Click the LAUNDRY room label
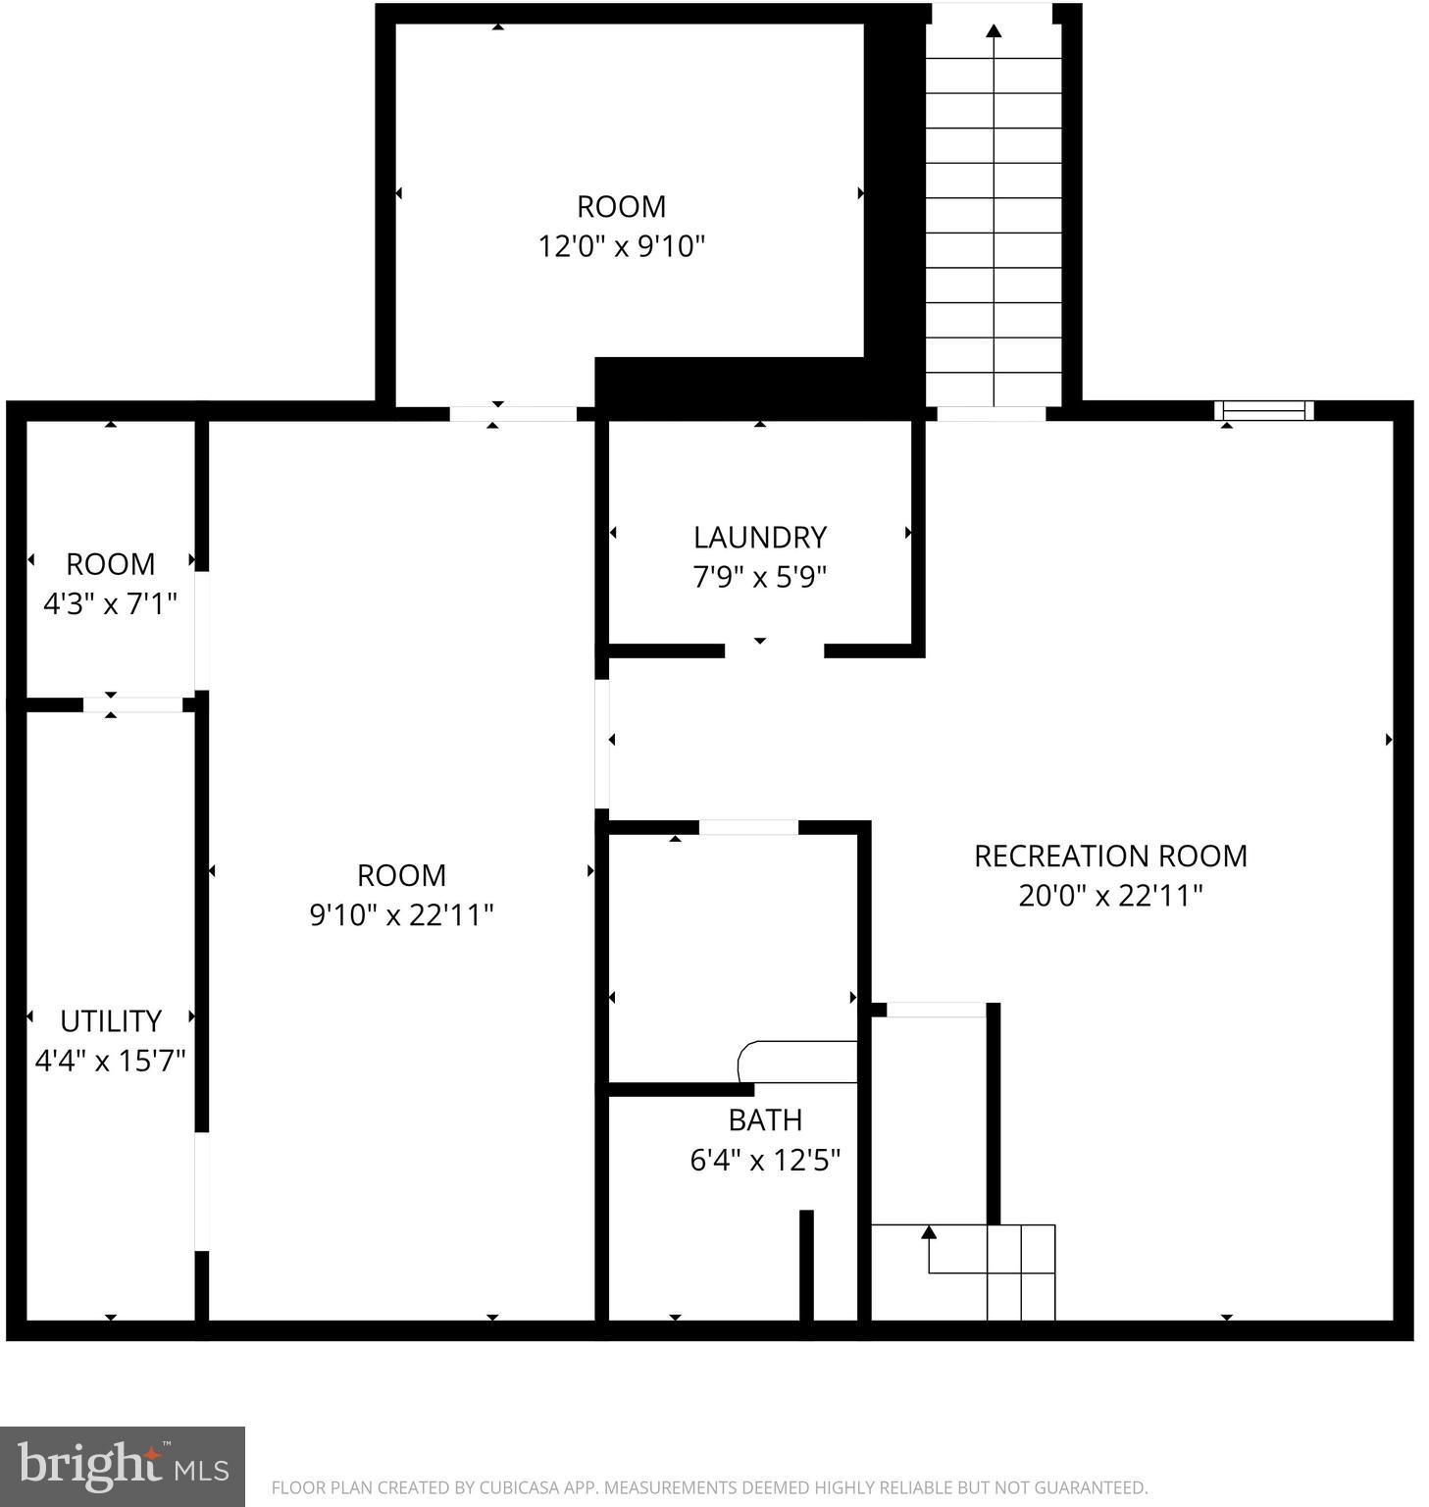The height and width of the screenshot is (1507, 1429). (x=759, y=537)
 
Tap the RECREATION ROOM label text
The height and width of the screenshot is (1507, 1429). (x=1109, y=856)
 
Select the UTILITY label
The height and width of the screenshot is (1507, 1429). (x=110, y=1020)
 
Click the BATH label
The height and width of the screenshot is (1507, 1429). (x=765, y=1119)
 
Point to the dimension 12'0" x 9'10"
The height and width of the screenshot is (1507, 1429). (x=621, y=245)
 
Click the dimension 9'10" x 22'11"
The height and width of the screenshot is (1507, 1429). (x=401, y=914)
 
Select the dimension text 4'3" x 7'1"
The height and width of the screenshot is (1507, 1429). (x=110, y=603)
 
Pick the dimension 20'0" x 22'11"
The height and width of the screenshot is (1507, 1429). (x=1109, y=896)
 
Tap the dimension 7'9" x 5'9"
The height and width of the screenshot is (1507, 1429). (x=759, y=577)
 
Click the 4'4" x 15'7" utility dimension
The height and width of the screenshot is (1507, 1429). (x=110, y=1061)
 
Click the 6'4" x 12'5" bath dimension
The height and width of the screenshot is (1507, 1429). (x=765, y=1161)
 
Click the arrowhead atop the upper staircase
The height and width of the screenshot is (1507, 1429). (x=994, y=31)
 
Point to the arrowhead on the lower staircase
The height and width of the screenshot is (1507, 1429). (x=929, y=1232)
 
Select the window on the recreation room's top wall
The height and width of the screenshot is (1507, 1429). (x=1263, y=410)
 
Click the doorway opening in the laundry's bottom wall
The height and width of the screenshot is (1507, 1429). (x=774, y=650)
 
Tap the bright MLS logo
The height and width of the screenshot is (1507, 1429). (x=123, y=1467)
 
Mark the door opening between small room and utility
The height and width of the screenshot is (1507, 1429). (x=132, y=704)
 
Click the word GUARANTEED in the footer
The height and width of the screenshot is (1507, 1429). (x=1092, y=1488)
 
